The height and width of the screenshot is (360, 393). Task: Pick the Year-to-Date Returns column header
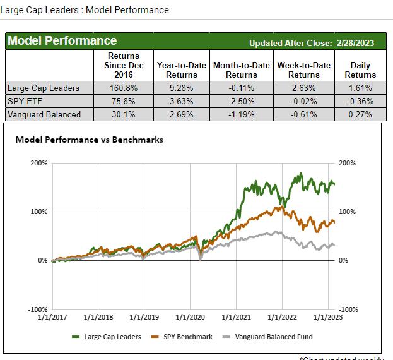click(180, 70)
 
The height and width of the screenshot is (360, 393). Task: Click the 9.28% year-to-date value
click(180, 88)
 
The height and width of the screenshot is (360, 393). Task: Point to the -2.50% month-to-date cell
click(242, 101)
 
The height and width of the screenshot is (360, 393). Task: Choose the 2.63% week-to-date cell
click(304, 88)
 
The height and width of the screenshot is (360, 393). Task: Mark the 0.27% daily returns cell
click(360, 114)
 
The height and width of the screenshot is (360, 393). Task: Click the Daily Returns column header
click(360, 70)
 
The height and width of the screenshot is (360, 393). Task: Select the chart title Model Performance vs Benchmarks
click(89, 140)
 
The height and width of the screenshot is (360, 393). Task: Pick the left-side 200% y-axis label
click(39, 163)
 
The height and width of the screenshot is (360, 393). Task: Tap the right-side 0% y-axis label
click(344, 260)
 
